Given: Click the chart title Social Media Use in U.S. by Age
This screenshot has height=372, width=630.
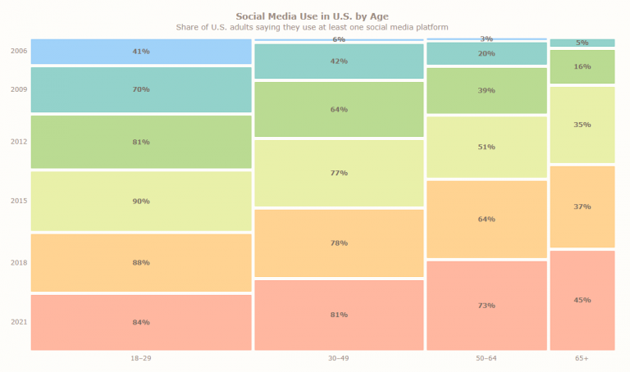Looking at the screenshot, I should point(312,16).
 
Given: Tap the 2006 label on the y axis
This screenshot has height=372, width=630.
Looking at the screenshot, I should point(19,51).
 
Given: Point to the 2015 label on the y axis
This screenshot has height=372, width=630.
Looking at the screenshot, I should point(19,201).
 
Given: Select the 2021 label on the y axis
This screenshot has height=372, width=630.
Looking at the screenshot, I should point(19,322).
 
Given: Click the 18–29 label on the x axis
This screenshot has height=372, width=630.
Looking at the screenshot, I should point(140,359).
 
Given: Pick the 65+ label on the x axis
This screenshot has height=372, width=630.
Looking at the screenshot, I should point(582,359).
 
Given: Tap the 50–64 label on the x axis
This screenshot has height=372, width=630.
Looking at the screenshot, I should point(486,359).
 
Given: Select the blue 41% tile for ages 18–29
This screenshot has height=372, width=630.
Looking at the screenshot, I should point(140,52).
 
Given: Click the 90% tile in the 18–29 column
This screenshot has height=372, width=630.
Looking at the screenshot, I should point(140,202).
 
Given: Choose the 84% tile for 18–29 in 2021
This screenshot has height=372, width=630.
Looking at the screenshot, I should point(140,322).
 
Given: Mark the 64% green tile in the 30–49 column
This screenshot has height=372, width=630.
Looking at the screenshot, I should point(339,109).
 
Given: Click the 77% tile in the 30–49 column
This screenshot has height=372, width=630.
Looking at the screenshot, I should point(339,173).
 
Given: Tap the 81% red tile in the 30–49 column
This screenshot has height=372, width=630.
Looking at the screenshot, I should point(339,315).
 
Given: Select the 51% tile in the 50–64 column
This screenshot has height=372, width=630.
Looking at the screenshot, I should point(486,147).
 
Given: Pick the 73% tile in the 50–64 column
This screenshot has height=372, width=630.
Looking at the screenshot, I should point(486,306).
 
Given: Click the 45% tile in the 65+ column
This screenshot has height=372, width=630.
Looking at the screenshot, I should point(582,300).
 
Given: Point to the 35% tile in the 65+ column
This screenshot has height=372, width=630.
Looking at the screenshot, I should point(582,125).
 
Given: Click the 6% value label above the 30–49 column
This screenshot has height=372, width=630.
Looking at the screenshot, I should point(339,39).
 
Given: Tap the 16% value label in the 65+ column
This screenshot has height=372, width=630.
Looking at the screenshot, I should point(582,66).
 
